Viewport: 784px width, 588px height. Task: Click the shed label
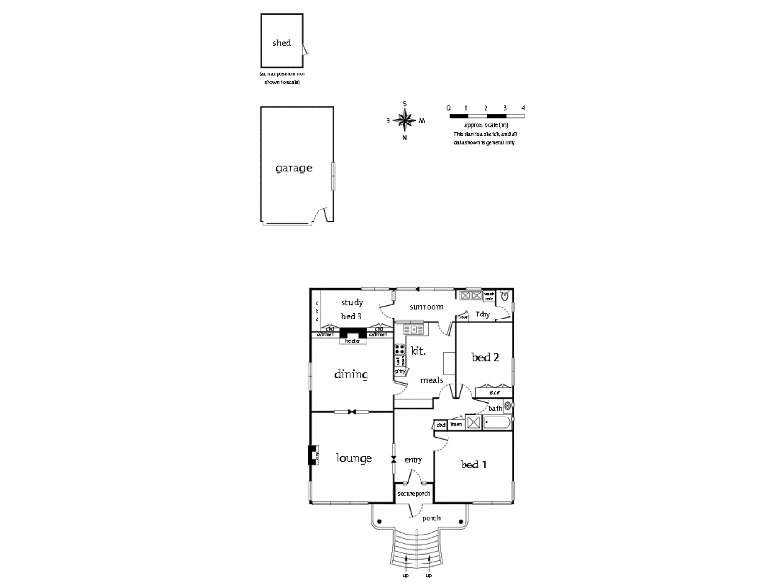(282, 43)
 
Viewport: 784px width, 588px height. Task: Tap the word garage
(293, 168)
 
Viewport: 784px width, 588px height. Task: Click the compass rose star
(405, 121)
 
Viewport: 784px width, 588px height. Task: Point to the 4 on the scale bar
(524, 106)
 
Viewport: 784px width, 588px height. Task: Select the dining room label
(350, 374)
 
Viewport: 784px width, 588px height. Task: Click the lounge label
(353, 458)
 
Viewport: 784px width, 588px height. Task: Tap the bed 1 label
(473, 464)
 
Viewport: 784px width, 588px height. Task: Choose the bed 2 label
(486, 357)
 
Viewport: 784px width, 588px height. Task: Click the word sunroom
(426, 307)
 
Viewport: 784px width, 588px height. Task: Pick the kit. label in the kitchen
(418, 350)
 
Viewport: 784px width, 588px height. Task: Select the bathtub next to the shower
(497, 423)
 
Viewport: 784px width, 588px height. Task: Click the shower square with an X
(474, 423)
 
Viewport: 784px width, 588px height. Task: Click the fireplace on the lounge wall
(314, 456)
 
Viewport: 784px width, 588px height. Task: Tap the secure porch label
(415, 494)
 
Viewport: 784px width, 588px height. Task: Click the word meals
(432, 380)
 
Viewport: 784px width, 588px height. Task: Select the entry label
(413, 459)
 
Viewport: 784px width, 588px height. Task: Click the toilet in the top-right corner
(504, 294)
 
